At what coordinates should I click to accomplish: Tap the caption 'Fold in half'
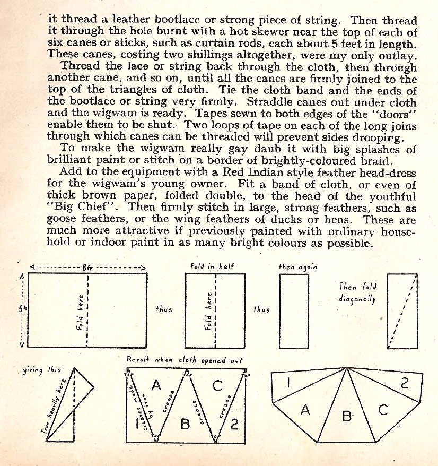tap(212, 266)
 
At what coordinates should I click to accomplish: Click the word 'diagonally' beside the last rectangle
tap(357, 299)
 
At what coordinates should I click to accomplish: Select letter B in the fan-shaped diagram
tap(347, 417)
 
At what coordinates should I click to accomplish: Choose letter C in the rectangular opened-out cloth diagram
tap(217, 386)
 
